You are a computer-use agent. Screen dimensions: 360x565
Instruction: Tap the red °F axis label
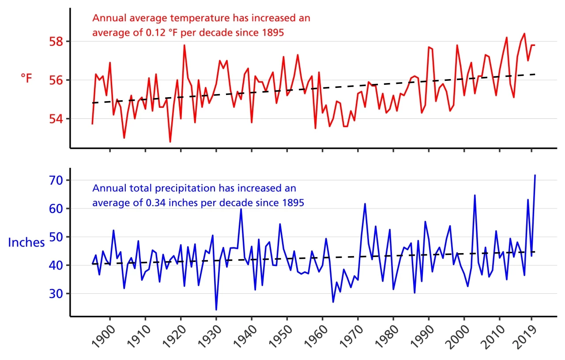point(26,79)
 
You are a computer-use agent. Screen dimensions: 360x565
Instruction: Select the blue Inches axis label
point(26,243)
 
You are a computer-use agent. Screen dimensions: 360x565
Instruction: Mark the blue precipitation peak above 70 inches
point(535,175)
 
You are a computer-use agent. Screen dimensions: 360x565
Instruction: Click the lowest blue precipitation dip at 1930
point(216,309)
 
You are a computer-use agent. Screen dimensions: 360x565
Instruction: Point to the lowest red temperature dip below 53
point(170,142)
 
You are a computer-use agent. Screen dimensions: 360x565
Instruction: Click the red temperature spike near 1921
point(184,45)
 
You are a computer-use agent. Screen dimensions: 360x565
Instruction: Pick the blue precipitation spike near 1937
point(241,209)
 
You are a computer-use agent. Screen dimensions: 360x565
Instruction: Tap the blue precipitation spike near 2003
point(475,195)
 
